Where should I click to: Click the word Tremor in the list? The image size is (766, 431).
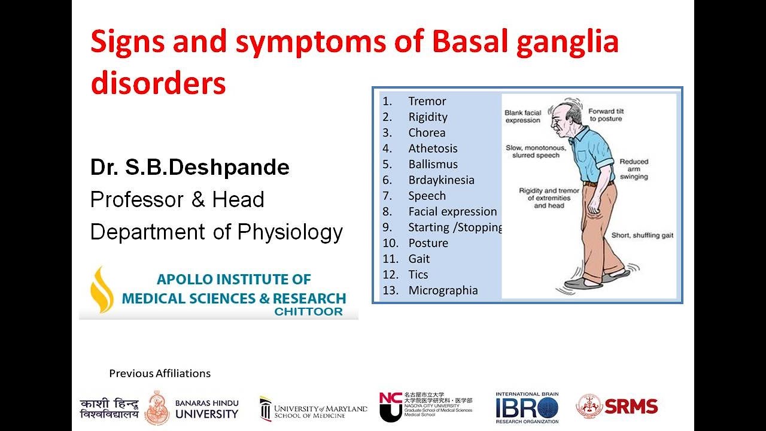[427, 101]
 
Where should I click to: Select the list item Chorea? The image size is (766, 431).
[427, 133]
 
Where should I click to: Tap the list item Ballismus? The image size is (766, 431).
[433, 164]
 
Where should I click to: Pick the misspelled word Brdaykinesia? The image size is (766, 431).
[441, 180]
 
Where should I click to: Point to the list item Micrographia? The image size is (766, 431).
[443, 290]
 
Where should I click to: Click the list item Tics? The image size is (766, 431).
[418, 275]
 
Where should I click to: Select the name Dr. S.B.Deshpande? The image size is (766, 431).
[190, 168]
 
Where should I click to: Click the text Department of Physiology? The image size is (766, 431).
[216, 232]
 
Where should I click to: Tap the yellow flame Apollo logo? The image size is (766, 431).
[101, 290]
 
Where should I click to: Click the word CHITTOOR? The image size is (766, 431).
[309, 311]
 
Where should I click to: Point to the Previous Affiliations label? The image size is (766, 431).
[160, 374]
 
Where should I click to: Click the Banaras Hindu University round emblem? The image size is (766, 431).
[157, 408]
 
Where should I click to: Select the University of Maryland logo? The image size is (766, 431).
[314, 409]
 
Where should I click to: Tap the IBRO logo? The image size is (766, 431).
[527, 408]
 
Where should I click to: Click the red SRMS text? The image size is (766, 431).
[631, 406]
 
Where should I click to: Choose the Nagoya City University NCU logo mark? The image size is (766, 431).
[390, 406]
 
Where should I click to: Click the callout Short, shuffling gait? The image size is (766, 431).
[642, 236]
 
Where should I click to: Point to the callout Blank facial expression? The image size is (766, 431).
[522, 116]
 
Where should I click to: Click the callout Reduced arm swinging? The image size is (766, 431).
[634, 169]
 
